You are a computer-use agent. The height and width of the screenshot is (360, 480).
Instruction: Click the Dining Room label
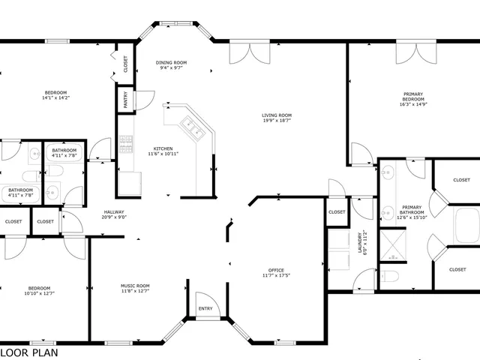tap(171, 62)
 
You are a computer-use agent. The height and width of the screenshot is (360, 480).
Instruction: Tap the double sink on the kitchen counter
tap(193, 132)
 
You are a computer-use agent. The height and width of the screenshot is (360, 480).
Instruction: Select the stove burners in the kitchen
tap(125, 142)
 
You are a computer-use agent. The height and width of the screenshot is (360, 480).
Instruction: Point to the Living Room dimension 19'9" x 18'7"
tap(276, 121)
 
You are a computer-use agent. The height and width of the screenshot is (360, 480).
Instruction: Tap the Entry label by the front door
tap(205, 308)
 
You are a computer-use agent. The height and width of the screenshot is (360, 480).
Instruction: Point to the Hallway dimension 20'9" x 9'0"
tap(114, 217)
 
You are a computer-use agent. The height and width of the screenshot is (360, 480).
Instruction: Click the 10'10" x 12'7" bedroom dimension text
tap(39, 294)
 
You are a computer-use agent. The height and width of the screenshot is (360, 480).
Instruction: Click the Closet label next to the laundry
tap(337, 212)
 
